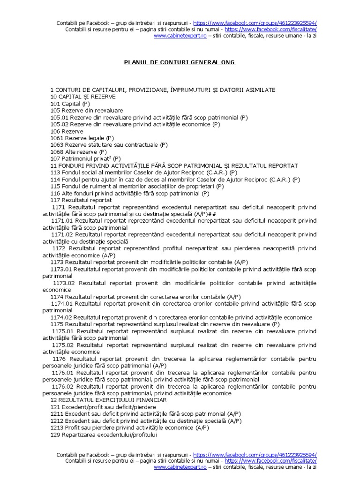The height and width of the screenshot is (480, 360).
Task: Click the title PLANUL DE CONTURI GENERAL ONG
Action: (x=180, y=62)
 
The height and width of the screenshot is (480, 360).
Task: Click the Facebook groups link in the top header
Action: (x=255, y=23)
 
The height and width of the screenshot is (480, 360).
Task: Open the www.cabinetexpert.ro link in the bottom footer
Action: (x=180, y=467)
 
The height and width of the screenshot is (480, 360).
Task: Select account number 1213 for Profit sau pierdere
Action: (x=57, y=428)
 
